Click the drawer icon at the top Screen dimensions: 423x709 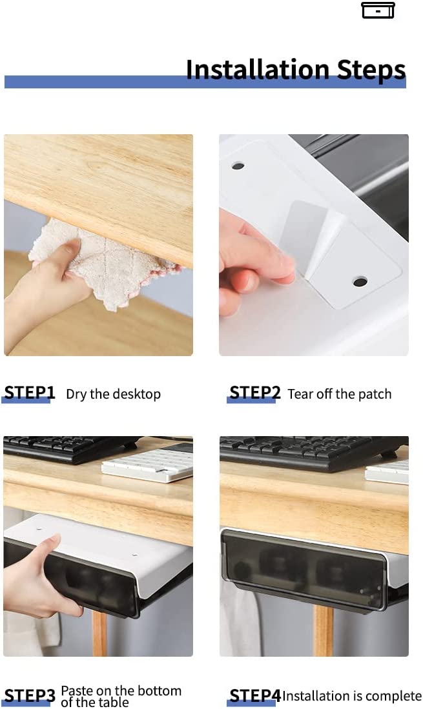click(378, 10)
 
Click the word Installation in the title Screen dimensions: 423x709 click(258, 70)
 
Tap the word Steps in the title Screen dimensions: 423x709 click(371, 71)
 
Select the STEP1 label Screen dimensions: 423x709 click(30, 392)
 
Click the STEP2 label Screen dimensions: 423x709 click(254, 392)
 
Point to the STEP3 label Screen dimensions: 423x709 click(30, 695)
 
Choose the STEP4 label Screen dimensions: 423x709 click(254, 695)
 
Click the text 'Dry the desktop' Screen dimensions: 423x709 click(113, 394)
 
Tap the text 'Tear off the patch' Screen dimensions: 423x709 click(339, 394)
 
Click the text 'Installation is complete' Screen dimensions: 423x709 click(352, 695)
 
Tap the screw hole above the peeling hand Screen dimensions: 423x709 click(238, 166)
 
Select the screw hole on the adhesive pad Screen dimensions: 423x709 click(360, 282)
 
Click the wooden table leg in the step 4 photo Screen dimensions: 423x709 click(324, 631)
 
